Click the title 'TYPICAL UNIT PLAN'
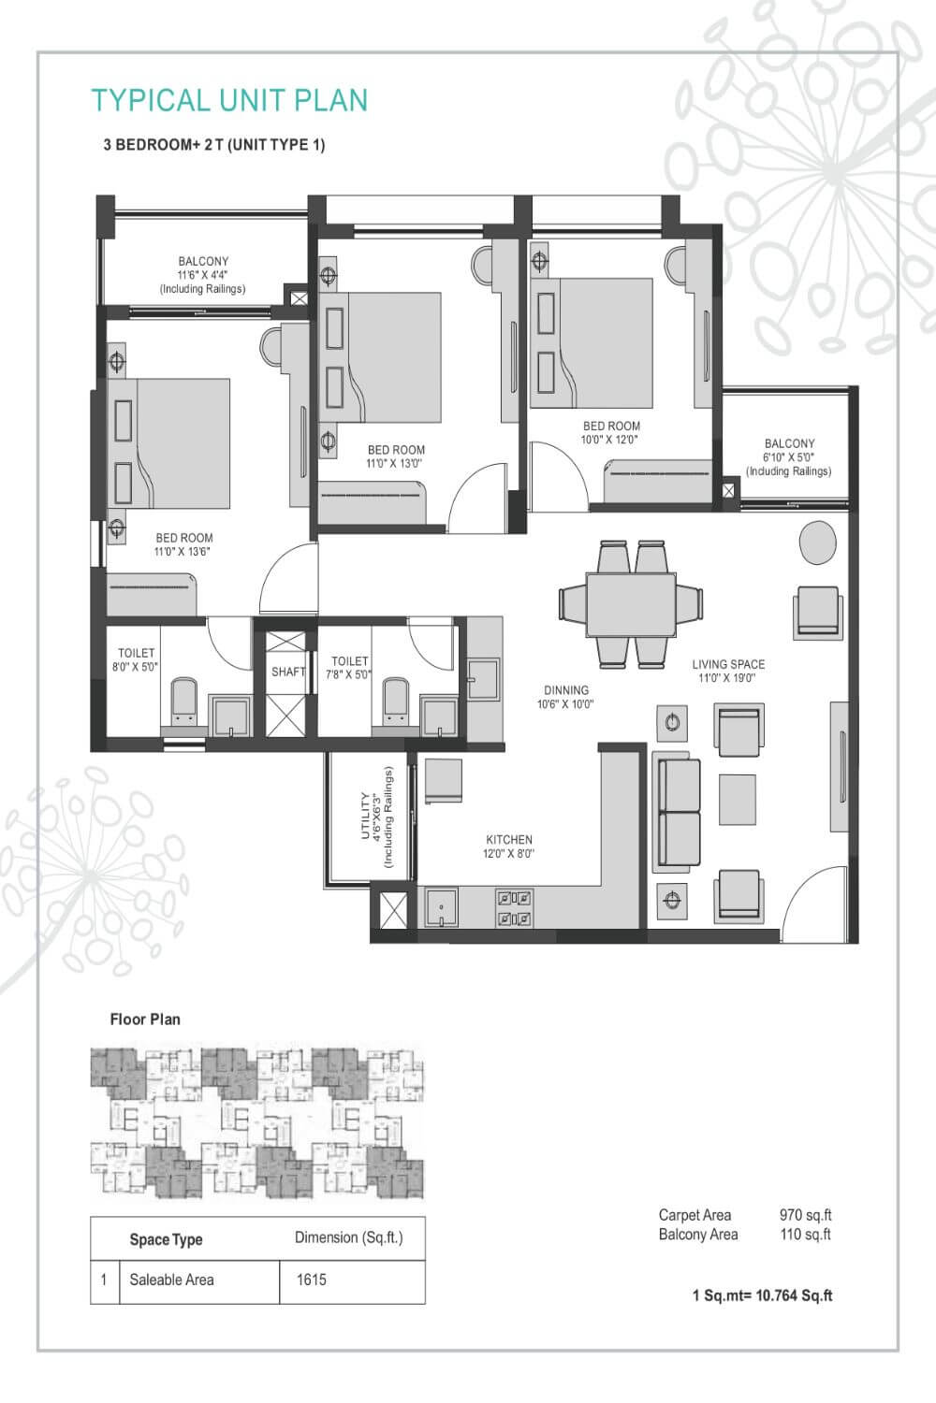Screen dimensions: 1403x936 tap(229, 100)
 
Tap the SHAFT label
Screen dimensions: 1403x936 tap(288, 672)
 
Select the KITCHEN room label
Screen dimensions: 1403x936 tap(509, 840)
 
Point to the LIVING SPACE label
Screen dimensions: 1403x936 tap(728, 664)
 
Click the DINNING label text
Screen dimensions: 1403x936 tap(566, 690)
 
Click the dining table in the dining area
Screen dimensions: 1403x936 tap(631, 603)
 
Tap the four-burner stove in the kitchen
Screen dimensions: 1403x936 tap(514, 907)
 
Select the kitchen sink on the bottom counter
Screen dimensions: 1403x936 tap(441, 906)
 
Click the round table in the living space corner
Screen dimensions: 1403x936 tap(817, 542)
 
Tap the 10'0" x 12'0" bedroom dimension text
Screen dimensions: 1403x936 tap(611, 440)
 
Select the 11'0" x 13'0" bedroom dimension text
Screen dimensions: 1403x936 tap(396, 463)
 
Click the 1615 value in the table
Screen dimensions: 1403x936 tap(312, 1280)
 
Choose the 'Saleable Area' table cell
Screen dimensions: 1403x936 tap(172, 1280)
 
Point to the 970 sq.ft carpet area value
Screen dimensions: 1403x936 tap(805, 1215)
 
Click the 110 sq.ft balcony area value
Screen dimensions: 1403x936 tap(805, 1235)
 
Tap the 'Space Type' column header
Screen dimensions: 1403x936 tap(166, 1239)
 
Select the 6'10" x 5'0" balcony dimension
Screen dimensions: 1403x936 tap(788, 457)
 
